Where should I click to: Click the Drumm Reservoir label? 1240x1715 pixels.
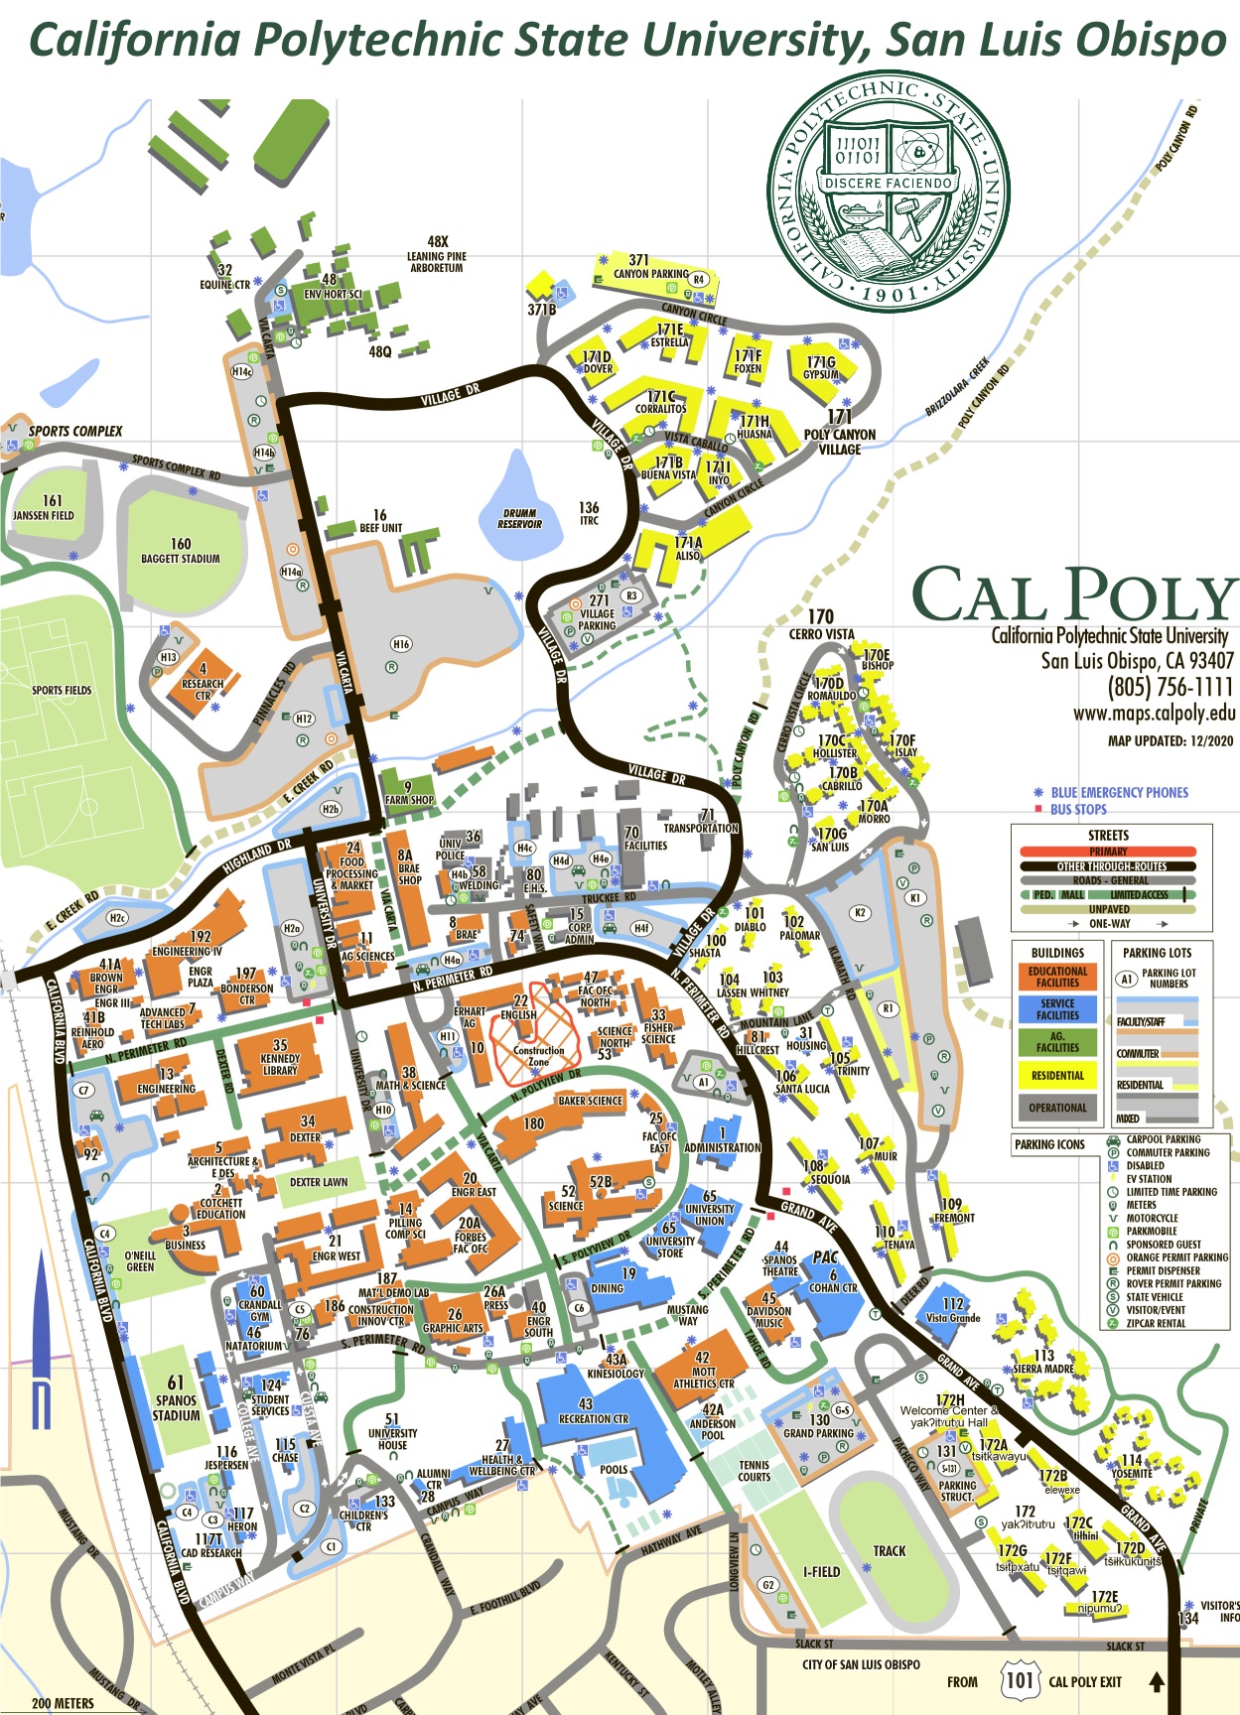(519, 518)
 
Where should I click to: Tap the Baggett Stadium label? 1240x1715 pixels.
(181, 552)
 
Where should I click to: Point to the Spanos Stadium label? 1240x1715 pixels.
(176, 1399)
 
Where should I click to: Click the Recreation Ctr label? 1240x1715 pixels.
(593, 1411)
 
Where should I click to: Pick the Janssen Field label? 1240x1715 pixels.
(44, 508)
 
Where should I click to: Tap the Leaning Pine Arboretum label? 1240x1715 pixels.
(437, 255)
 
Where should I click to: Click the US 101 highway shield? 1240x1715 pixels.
(1020, 1680)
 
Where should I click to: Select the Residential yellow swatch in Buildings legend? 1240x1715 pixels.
(1057, 1075)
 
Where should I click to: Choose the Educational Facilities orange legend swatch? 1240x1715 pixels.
(1057, 977)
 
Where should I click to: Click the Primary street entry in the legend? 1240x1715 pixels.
(1108, 852)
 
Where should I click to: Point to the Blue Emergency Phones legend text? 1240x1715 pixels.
(1119, 792)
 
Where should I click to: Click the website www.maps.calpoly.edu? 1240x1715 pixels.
(1154, 713)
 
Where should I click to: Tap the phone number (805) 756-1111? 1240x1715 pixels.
(1170, 687)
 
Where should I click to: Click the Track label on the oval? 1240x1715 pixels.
(889, 1550)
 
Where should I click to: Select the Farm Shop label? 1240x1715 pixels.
(409, 793)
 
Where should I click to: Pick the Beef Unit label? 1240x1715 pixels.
(380, 522)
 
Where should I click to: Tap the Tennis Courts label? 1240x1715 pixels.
(754, 1471)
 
